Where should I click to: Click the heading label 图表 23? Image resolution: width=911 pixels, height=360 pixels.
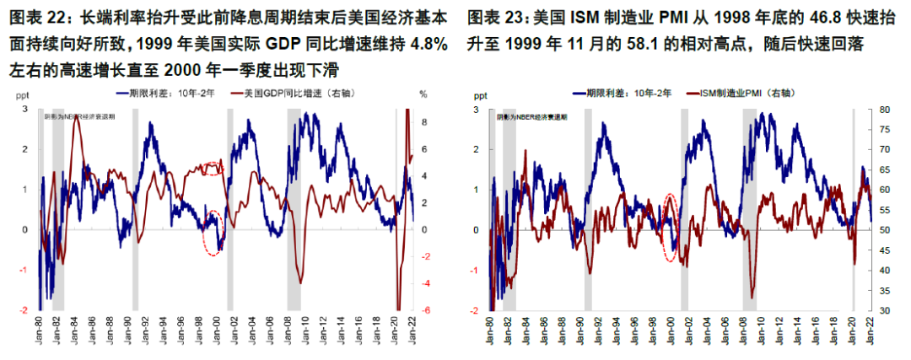point(499,17)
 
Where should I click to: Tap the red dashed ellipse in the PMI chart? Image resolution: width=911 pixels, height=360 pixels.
point(671,227)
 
